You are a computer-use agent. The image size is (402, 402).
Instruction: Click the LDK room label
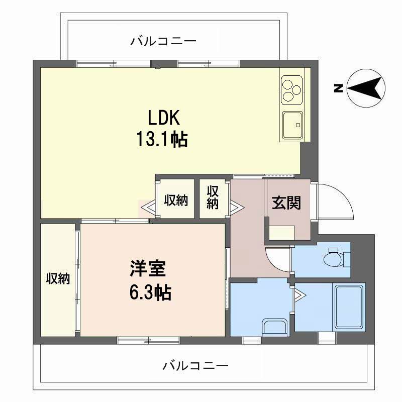point(164,118)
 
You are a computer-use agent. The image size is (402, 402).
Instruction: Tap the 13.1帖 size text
point(162,139)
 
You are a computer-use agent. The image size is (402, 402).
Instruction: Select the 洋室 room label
point(148,269)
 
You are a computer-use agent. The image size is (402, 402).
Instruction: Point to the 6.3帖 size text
point(150,292)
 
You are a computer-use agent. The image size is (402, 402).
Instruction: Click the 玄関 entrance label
point(286,203)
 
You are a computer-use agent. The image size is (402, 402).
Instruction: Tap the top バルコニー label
point(163,41)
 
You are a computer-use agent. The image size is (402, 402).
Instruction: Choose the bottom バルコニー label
point(195,365)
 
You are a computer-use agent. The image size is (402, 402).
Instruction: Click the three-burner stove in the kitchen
point(292,90)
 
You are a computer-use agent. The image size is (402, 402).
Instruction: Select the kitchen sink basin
point(293,125)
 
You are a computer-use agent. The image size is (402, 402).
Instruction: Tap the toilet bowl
point(333,259)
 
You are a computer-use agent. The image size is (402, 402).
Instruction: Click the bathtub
point(349,307)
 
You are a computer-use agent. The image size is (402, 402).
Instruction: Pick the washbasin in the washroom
point(275,328)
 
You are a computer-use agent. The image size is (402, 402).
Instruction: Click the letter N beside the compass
point(339,88)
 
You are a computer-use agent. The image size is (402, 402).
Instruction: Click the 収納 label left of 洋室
point(58,279)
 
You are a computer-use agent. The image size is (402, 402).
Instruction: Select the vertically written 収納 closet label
point(213,197)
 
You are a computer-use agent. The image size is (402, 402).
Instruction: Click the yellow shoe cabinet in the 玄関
point(282,233)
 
